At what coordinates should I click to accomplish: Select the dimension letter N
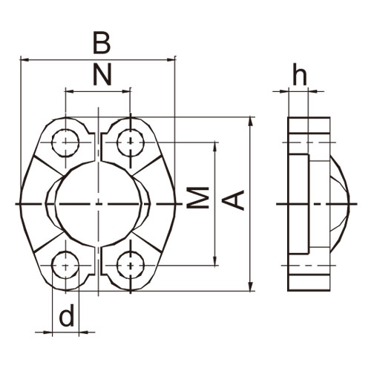[x=102, y=74]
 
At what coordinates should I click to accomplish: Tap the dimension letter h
[x=300, y=74]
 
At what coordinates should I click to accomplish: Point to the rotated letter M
[x=198, y=197]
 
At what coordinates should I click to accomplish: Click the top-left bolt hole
[x=65, y=142]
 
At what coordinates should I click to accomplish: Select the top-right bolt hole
[x=131, y=142]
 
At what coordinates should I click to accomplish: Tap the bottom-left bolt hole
[x=65, y=266]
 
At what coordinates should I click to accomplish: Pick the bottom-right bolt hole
[x=131, y=266]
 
